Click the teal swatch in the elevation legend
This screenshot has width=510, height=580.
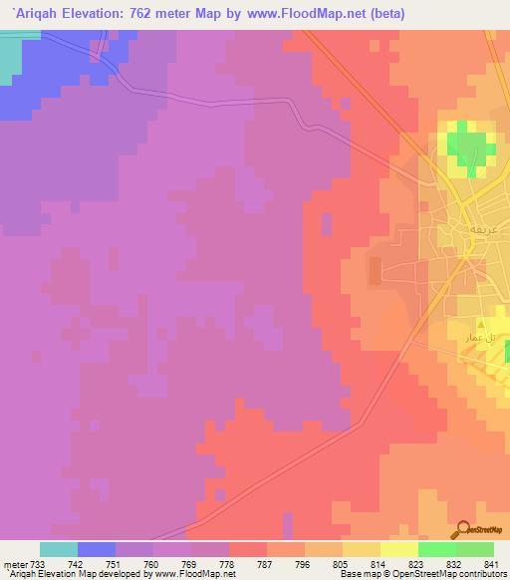click(59, 549)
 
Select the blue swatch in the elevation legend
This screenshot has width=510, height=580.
click(97, 549)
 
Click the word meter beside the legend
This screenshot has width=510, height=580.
click(15, 563)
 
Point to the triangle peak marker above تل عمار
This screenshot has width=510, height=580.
click(482, 323)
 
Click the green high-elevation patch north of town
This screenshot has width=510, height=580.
click(468, 145)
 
